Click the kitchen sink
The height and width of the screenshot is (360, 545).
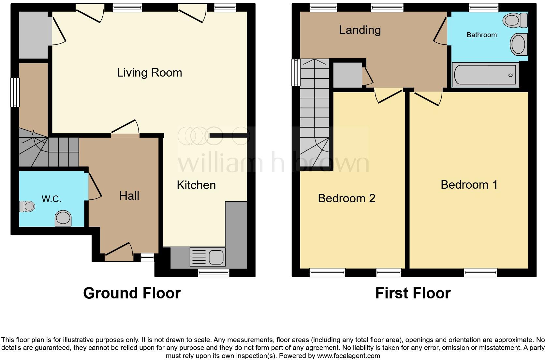(207, 257)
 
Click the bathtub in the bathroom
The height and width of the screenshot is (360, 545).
(485, 75)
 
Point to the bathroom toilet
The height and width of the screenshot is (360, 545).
(515, 21)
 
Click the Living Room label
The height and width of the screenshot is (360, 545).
(149, 73)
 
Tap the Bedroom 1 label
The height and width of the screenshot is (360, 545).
(469, 185)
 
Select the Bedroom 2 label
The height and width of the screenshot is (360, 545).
(346, 198)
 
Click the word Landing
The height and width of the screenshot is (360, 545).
(360, 30)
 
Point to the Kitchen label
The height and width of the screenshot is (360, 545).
(196, 185)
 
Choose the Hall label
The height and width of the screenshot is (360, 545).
(129, 196)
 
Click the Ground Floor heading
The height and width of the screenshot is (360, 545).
(132, 293)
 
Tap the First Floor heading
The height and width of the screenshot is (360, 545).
(413, 293)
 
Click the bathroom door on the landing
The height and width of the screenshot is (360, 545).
(440, 30)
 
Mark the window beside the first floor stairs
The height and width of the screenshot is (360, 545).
(296, 72)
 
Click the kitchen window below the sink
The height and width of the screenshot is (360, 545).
(214, 273)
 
